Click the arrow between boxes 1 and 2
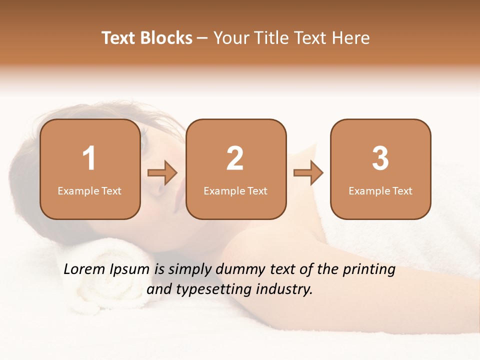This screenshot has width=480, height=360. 162,173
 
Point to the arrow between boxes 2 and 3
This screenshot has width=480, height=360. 308,173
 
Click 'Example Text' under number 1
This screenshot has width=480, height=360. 89,191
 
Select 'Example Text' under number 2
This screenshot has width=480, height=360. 235,191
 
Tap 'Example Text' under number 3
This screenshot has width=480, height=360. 380,191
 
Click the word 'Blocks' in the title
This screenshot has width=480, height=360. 166,38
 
